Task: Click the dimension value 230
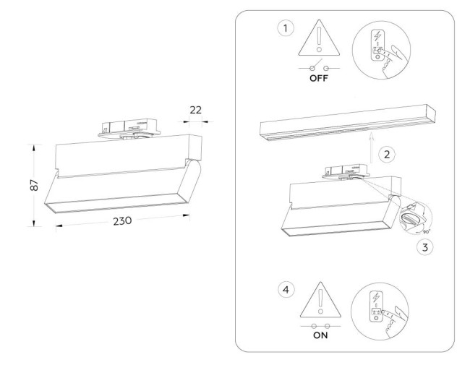tap(121, 221)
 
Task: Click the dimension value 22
tap(194, 110)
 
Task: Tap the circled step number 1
tap(287, 29)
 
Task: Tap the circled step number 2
tap(388, 154)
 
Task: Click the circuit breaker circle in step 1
tap(381, 49)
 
